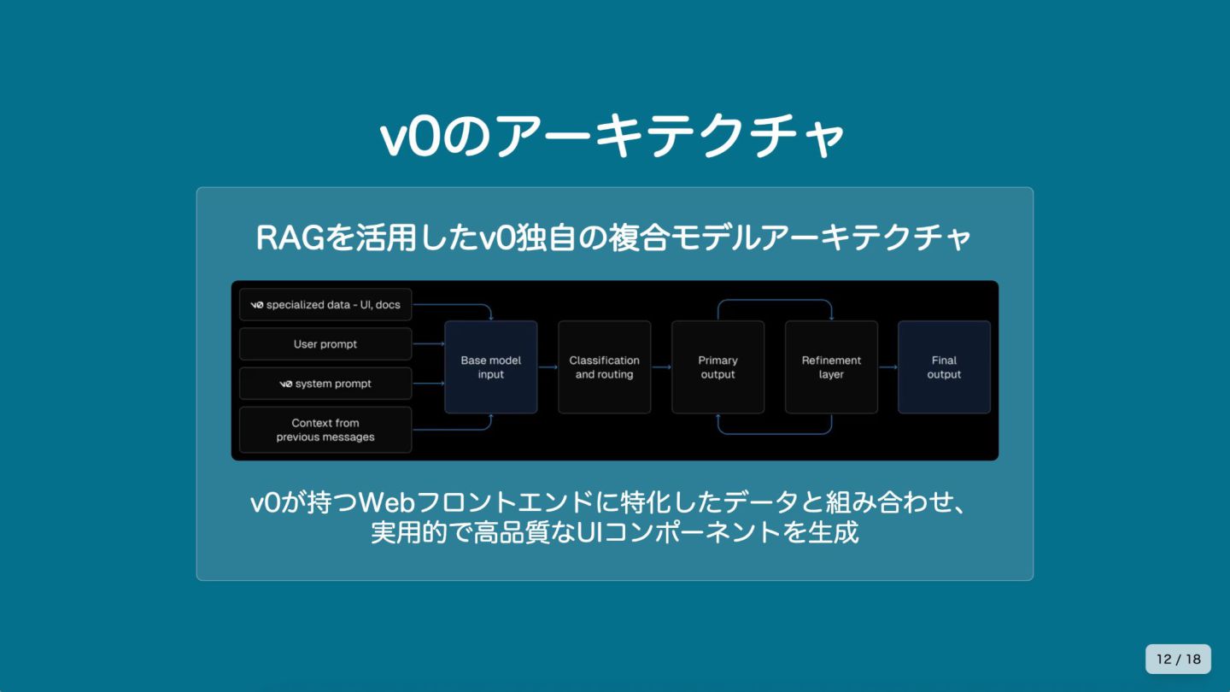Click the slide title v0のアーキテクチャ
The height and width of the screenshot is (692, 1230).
coord(612,137)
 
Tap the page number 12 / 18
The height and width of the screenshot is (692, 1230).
coord(1178,659)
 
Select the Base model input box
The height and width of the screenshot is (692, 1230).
coord(491,367)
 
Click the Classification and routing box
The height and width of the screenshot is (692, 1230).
coord(604,367)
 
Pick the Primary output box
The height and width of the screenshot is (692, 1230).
coord(717,367)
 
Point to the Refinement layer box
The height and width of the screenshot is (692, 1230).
coord(831,367)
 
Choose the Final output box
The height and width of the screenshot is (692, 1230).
coord(944,367)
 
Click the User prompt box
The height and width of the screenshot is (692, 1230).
coord(325,344)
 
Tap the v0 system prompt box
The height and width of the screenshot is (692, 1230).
coord(325,384)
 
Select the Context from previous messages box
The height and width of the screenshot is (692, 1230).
coord(325,430)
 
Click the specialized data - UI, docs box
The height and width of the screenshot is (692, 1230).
coord(325,304)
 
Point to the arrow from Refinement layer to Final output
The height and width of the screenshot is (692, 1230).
coord(887,367)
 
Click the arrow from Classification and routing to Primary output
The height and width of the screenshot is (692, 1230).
coord(661,367)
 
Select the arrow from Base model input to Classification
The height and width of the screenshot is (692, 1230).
coord(548,367)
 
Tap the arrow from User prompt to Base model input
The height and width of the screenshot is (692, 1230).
coord(429,344)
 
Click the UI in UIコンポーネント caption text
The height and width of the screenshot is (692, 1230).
coord(590,533)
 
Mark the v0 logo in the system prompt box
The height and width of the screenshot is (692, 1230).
coord(286,384)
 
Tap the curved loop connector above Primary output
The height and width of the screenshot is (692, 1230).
coord(775,301)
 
